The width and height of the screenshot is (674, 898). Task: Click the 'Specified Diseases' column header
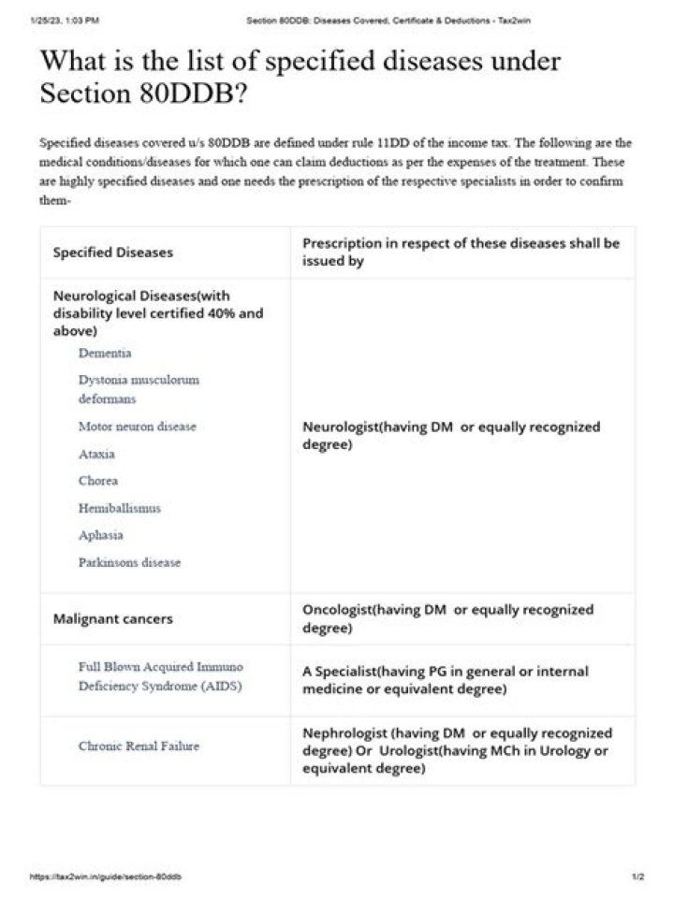[112, 253]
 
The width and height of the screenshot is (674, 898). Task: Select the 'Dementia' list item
[105, 354]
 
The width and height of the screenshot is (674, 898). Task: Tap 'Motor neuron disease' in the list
[138, 427]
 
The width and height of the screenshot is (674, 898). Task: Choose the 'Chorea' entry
[98, 481]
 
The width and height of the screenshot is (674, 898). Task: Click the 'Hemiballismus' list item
[120, 508]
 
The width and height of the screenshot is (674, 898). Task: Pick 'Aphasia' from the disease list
[101, 535]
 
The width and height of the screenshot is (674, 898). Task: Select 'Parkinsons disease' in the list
[130, 563]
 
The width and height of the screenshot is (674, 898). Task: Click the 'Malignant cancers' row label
[112, 619]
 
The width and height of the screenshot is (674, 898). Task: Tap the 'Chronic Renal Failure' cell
[139, 746]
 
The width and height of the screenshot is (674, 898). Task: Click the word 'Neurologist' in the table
[339, 427]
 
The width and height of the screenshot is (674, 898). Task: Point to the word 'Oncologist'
[337, 610]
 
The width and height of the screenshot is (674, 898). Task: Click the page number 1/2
[637, 877]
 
